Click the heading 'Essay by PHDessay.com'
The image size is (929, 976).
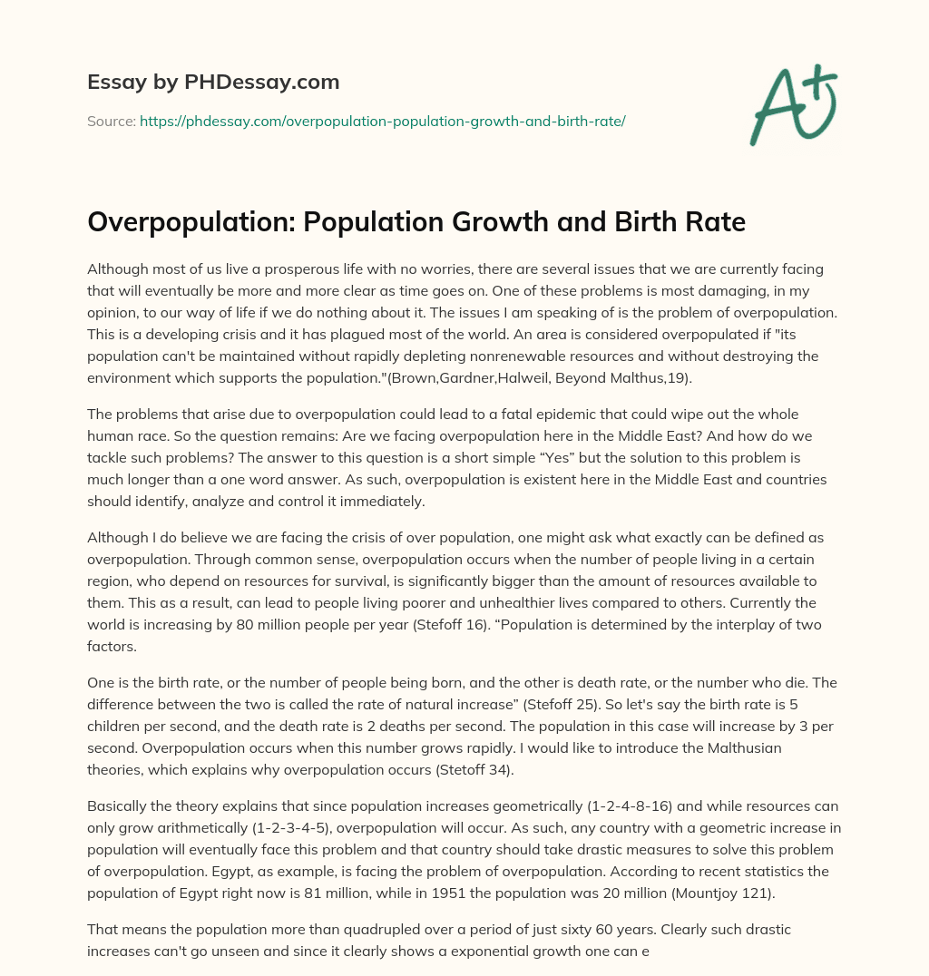pos(213,83)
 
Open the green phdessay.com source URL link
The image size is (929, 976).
pos(382,121)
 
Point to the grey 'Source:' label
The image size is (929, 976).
pos(111,121)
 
